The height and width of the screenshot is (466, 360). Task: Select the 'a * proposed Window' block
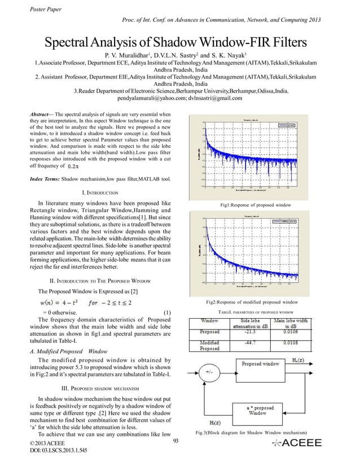261,410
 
